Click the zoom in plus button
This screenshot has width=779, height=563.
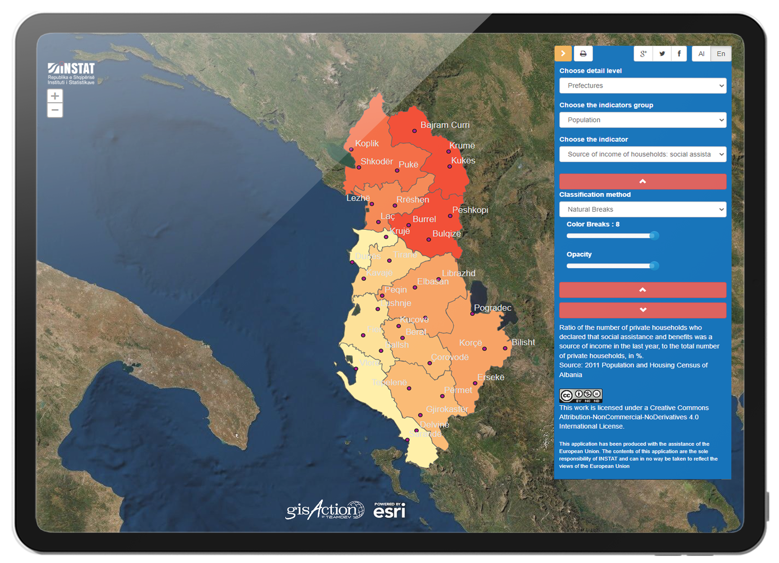55,96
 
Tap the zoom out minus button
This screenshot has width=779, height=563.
55,110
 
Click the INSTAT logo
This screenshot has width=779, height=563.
71,73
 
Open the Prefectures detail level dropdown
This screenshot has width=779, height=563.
642,86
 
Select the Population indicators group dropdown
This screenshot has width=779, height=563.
642,120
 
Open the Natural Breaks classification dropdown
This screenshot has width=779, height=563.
642,210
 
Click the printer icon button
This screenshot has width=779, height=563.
583,54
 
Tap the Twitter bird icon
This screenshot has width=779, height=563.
662,54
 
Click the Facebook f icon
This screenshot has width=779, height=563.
679,54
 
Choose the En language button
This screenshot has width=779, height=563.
721,54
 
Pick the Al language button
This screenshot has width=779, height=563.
701,54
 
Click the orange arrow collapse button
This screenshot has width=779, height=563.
563,54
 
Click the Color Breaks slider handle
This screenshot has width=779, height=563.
654,236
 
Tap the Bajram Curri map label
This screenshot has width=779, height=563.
445,125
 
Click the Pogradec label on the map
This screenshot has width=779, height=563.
492,308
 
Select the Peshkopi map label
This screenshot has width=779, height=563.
470,210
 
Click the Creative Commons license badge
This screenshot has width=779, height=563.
581,395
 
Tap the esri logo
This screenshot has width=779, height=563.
389,510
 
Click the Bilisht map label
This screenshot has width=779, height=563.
523,343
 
